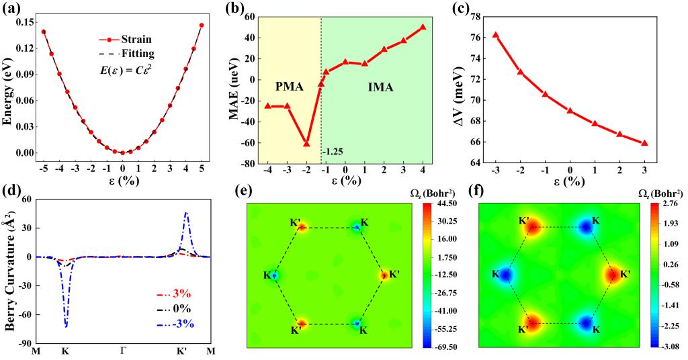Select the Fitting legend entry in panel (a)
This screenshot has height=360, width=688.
pos(140,54)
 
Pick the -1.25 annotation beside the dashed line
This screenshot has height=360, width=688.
pos(333,152)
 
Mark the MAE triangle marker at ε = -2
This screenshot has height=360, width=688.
pos(306,144)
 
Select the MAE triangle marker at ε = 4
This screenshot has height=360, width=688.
pos(423,27)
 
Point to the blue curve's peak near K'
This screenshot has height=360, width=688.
pos(185,213)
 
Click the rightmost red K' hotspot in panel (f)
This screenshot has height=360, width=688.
pos(612,275)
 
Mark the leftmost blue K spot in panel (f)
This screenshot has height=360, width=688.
pos(505,275)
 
